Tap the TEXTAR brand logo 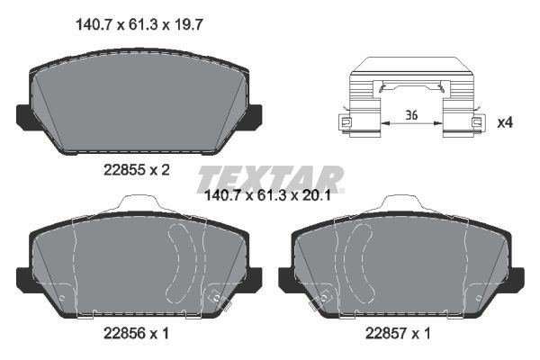pyautogui.click(x=270, y=177)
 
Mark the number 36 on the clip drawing pyautogui.click(x=412, y=115)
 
